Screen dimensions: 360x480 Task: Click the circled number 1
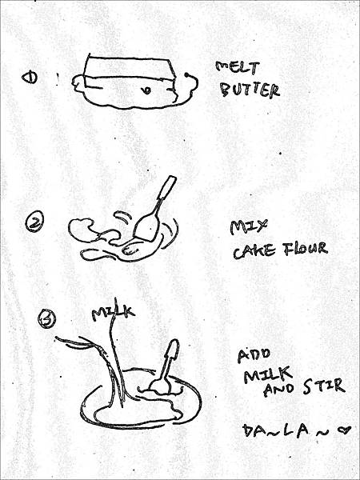[30, 78]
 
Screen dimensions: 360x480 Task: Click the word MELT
[238, 68]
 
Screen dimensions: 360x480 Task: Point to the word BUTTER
[250, 90]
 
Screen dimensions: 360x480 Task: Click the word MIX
[248, 227]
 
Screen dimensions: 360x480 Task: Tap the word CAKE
[254, 252]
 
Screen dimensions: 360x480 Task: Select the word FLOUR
[305, 249]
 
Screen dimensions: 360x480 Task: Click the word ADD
[254, 356]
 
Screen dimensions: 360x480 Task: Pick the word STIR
[324, 386]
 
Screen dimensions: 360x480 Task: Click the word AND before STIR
[279, 390]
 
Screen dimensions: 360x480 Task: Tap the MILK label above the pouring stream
[114, 313]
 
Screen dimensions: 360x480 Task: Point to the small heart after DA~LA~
[344, 430]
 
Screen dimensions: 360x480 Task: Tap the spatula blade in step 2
[146, 227]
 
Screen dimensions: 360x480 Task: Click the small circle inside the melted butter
[147, 90]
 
